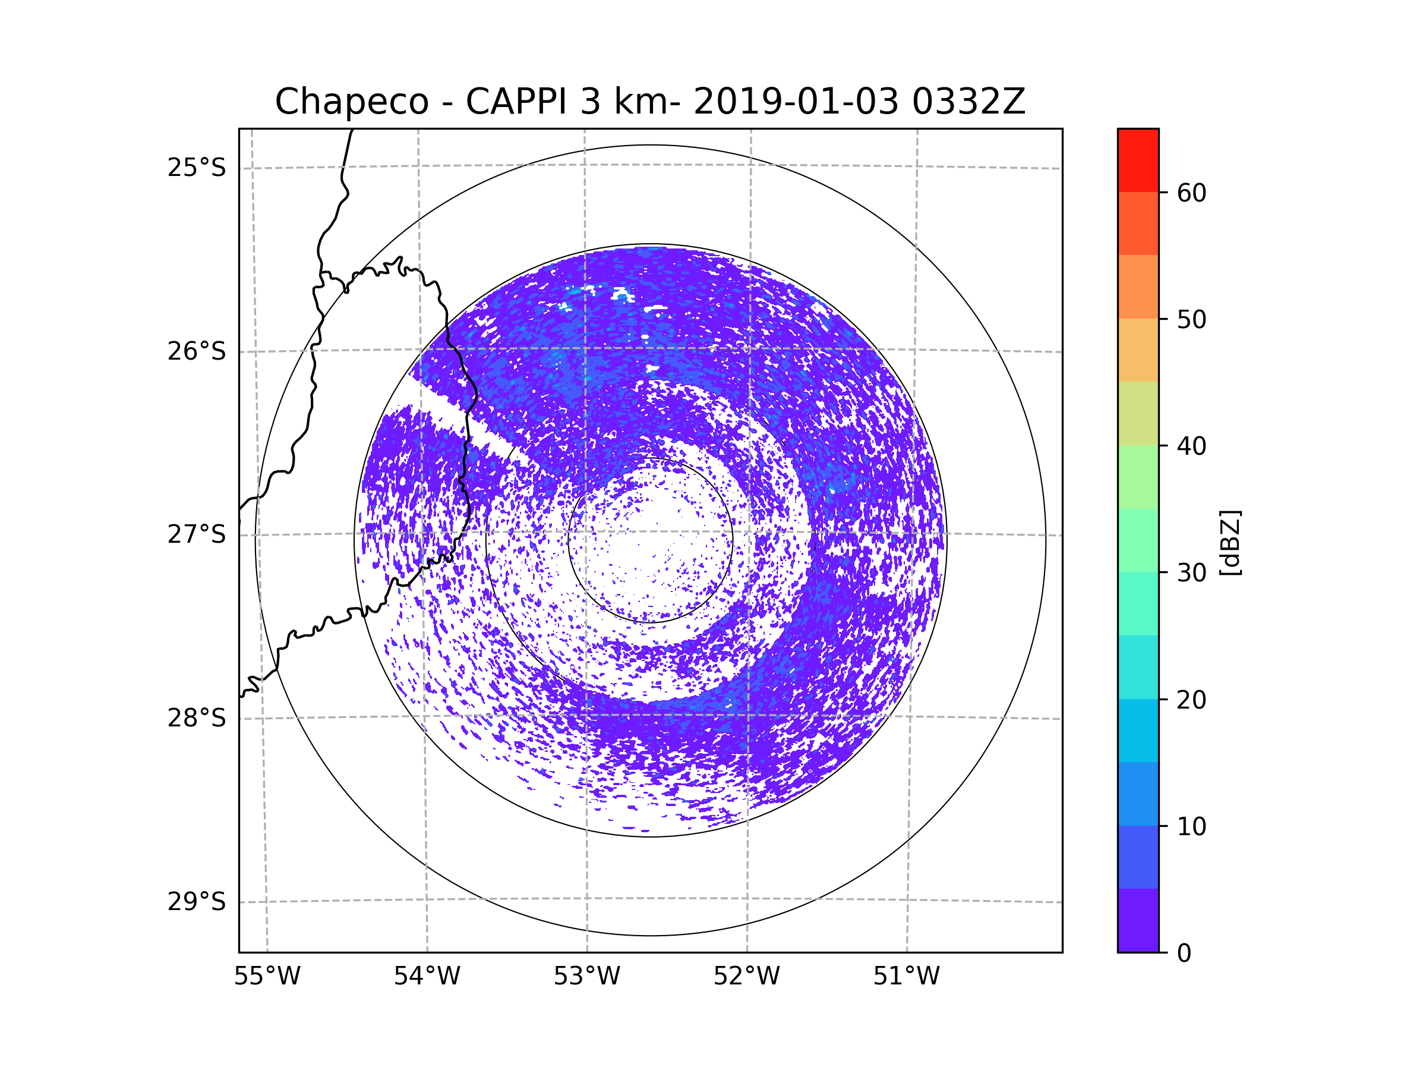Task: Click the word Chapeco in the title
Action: [x=351, y=102]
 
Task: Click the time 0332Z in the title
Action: [x=968, y=102]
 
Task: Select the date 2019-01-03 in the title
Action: [x=796, y=102]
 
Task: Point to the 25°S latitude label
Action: [x=197, y=168]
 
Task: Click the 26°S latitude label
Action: [x=197, y=351]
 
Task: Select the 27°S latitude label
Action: [x=197, y=534]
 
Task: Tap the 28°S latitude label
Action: [x=197, y=718]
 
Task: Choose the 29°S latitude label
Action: [x=197, y=902]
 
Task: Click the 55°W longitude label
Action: [x=267, y=977]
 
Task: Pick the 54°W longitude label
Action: [x=427, y=977]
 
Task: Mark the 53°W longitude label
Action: [x=586, y=977]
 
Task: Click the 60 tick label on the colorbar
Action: [x=1191, y=193]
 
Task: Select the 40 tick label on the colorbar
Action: [x=1191, y=446]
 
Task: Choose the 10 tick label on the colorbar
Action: [x=1191, y=826]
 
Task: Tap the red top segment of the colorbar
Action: [x=1138, y=160]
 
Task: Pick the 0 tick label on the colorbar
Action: [x=1184, y=953]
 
